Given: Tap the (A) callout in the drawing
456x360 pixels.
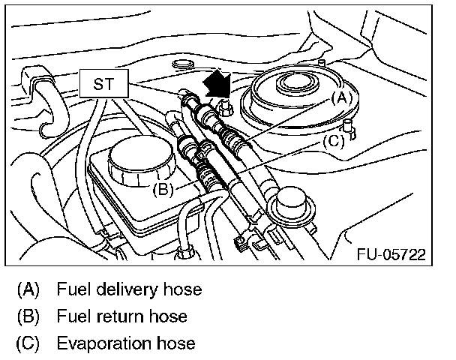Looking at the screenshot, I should pyautogui.click(x=340, y=97).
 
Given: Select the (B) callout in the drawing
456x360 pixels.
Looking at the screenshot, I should pyautogui.click(x=163, y=189).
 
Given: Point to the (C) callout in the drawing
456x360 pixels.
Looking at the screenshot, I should pyautogui.click(x=334, y=139).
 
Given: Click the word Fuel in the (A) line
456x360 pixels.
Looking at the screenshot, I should pyautogui.click(x=71, y=289).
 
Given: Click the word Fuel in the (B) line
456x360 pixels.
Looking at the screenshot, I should pyautogui.click(x=71, y=316).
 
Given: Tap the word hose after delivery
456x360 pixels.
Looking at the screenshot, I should pyautogui.click(x=183, y=289).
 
